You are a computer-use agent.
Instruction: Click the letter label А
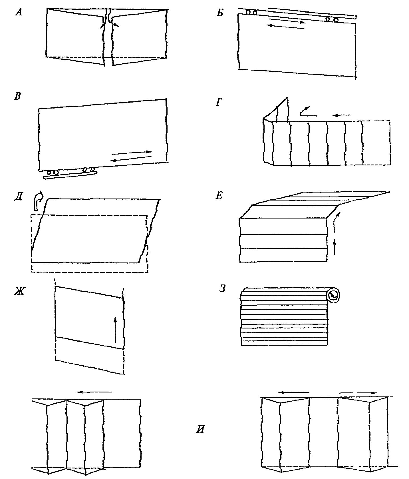pyautogui.click(x=19, y=13)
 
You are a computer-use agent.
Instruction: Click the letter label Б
pyautogui.click(x=219, y=13)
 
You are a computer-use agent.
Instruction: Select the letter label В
pyautogui.click(x=18, y=96)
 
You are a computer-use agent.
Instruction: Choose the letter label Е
pyautogui.click(x=219, y=196)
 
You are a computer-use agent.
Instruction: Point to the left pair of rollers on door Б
pyautogui.click(x=251, y=12)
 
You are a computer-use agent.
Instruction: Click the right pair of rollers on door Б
pyautogui.click(x=332, y=20)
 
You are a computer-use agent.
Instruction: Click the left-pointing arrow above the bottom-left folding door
pyautogui.click(x=95, y=392)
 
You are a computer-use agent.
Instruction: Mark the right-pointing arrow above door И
pyautogui.click(x=357, y=392)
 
